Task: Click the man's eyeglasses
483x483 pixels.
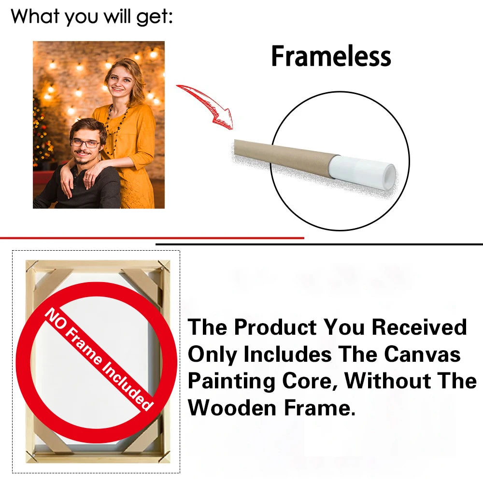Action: coord(85,143)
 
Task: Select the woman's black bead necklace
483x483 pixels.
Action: coord(116,126)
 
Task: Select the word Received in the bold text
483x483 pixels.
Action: coord(419,327)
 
